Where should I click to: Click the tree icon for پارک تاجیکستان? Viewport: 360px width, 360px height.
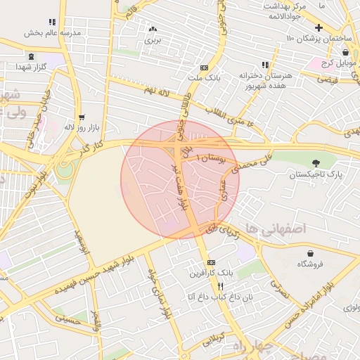point(324,163)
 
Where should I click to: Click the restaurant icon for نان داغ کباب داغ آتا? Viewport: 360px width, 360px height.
point(220,287)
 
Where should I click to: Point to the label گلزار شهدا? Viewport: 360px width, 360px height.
point(30,66)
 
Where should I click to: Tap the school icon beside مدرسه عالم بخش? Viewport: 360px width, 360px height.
point(51,22)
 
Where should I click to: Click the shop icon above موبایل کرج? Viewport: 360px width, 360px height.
point(345,52)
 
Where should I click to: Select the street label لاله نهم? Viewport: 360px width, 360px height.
point(158,90)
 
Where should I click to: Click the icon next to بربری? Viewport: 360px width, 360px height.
point(153,30)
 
